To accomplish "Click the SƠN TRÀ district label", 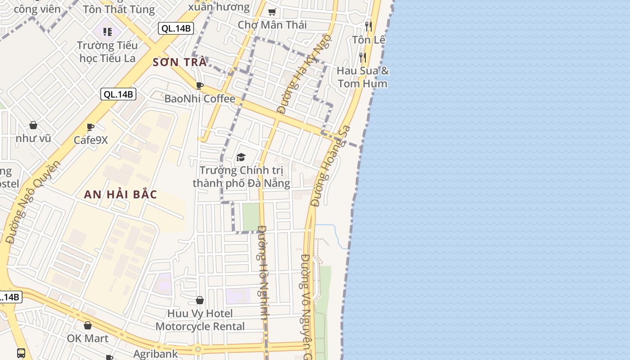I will (x=180, y=62).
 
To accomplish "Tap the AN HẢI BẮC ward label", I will (x=121, y=194).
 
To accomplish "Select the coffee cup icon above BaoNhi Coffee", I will (x=200, y=85).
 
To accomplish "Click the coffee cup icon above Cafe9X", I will (x=90, y=127).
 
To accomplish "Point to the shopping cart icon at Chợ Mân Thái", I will (x=272, y=12).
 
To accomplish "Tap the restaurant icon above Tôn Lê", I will (x=368, y=27).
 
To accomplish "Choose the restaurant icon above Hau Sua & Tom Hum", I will (x=362, y=58).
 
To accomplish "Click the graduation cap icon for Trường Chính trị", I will (x=241, y=157).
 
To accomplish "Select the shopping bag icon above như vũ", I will (x=33, y=125).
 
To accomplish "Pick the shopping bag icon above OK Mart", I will (x=88, y=325).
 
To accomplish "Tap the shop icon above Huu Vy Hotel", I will (x=200, y=300).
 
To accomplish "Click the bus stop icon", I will (x=21, y=353).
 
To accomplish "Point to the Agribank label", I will (x=156, y=354).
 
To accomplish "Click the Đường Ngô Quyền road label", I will (x=33, y=202).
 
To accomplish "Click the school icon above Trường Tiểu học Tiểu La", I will (x=107, y=31).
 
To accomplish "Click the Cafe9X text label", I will (x=91, y=140).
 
